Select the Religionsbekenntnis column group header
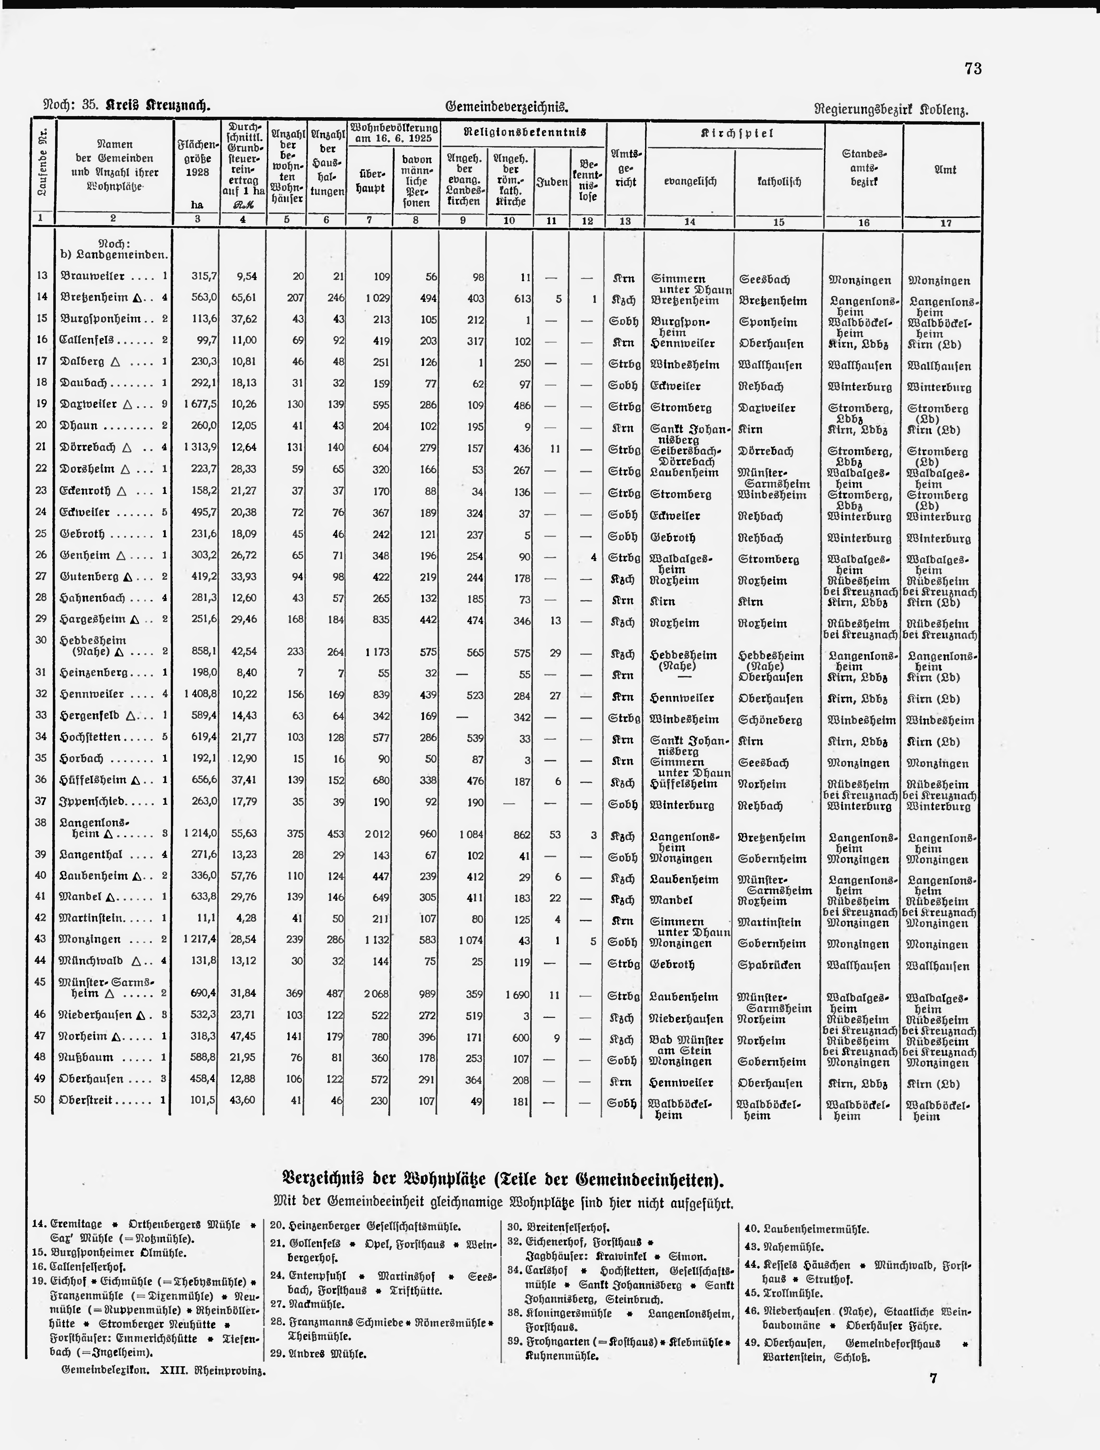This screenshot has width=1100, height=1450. [524, 132]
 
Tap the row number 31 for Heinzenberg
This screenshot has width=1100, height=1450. [41, 673]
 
